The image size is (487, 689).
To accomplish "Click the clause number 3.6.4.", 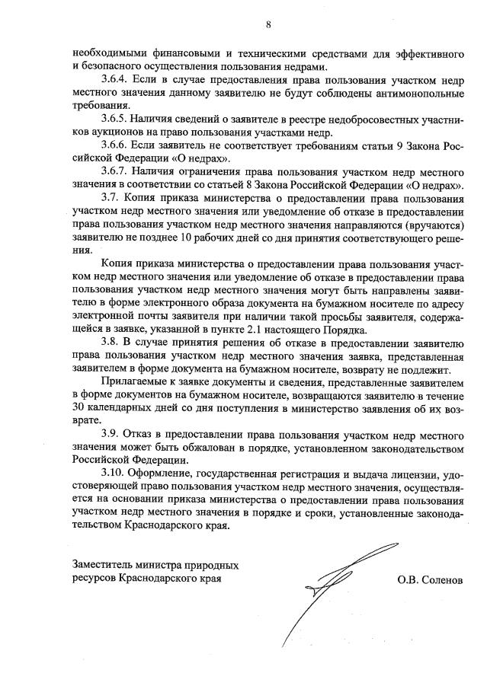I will tap(117, 78).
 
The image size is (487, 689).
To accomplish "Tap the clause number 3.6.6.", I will tap(117, 145).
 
